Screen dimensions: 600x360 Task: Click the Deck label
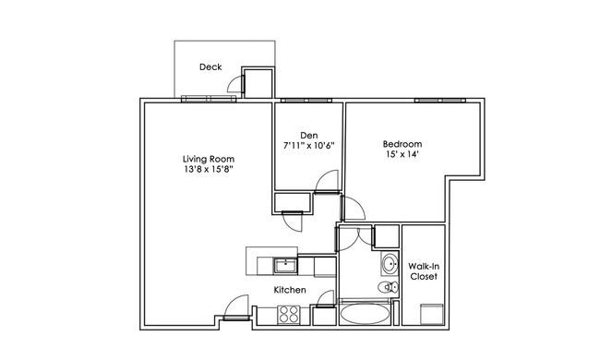click(210, 67)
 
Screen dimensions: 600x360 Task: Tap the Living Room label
click(209, 159)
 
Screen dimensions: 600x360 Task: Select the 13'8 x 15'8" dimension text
click(209, 169)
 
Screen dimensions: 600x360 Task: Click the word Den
click(309, 136)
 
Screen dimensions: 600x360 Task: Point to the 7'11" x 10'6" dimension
click(309, 146)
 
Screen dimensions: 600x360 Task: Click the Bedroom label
click(402, 144)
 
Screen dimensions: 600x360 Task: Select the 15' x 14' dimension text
click(402, 154)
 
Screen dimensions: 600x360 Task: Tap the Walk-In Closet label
click(424, 271)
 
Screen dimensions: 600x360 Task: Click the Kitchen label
click(290, 290)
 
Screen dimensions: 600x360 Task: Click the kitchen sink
click(285, 266)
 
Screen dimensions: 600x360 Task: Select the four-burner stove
click(289, 315)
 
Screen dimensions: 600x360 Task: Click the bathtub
click(365, 314)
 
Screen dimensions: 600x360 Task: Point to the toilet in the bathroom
click(388, 286)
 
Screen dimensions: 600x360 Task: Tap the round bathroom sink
click(390, 264)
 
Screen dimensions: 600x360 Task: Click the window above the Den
click(306, 101)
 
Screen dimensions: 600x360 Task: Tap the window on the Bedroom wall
click(440, 101)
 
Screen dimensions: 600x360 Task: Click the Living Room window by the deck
click(209, 99)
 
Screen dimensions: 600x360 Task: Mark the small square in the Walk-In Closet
click(432, 314)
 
